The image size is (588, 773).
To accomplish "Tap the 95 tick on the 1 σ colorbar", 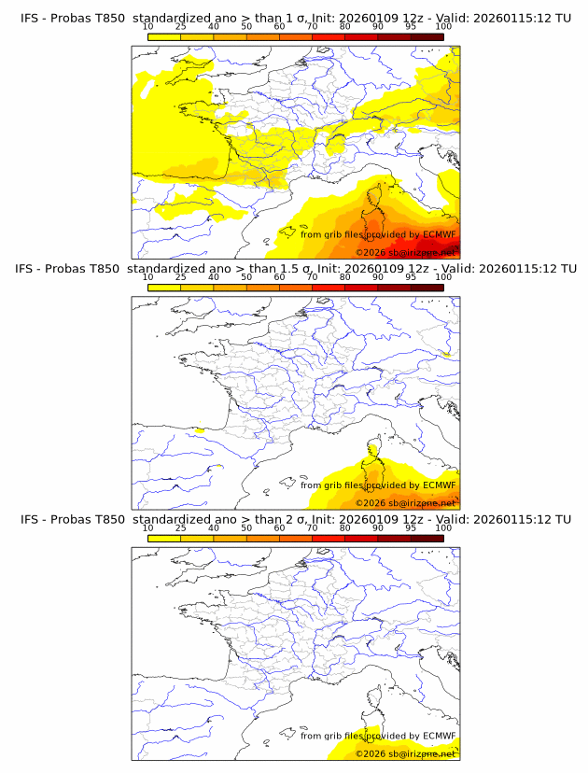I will coord(411,26).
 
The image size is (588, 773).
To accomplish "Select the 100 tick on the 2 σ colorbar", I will coord(443,528).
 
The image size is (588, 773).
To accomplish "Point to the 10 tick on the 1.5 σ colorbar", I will coord(147,277).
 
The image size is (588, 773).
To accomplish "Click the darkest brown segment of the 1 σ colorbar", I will coord(427,36).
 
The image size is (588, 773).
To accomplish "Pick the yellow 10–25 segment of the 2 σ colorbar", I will coord(163,539).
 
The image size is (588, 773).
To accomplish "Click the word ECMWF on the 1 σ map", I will coord(439,234).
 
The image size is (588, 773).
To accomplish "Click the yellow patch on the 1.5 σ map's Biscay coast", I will coord(200,430).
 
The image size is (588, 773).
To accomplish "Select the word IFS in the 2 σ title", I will coord(30,520).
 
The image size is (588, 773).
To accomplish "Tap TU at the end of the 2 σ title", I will coord(563,520).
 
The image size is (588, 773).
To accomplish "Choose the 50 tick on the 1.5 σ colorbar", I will coord(246,277).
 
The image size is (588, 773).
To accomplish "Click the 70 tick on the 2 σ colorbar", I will coord(312,528).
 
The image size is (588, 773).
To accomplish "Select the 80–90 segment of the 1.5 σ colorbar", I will coord(361,288).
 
